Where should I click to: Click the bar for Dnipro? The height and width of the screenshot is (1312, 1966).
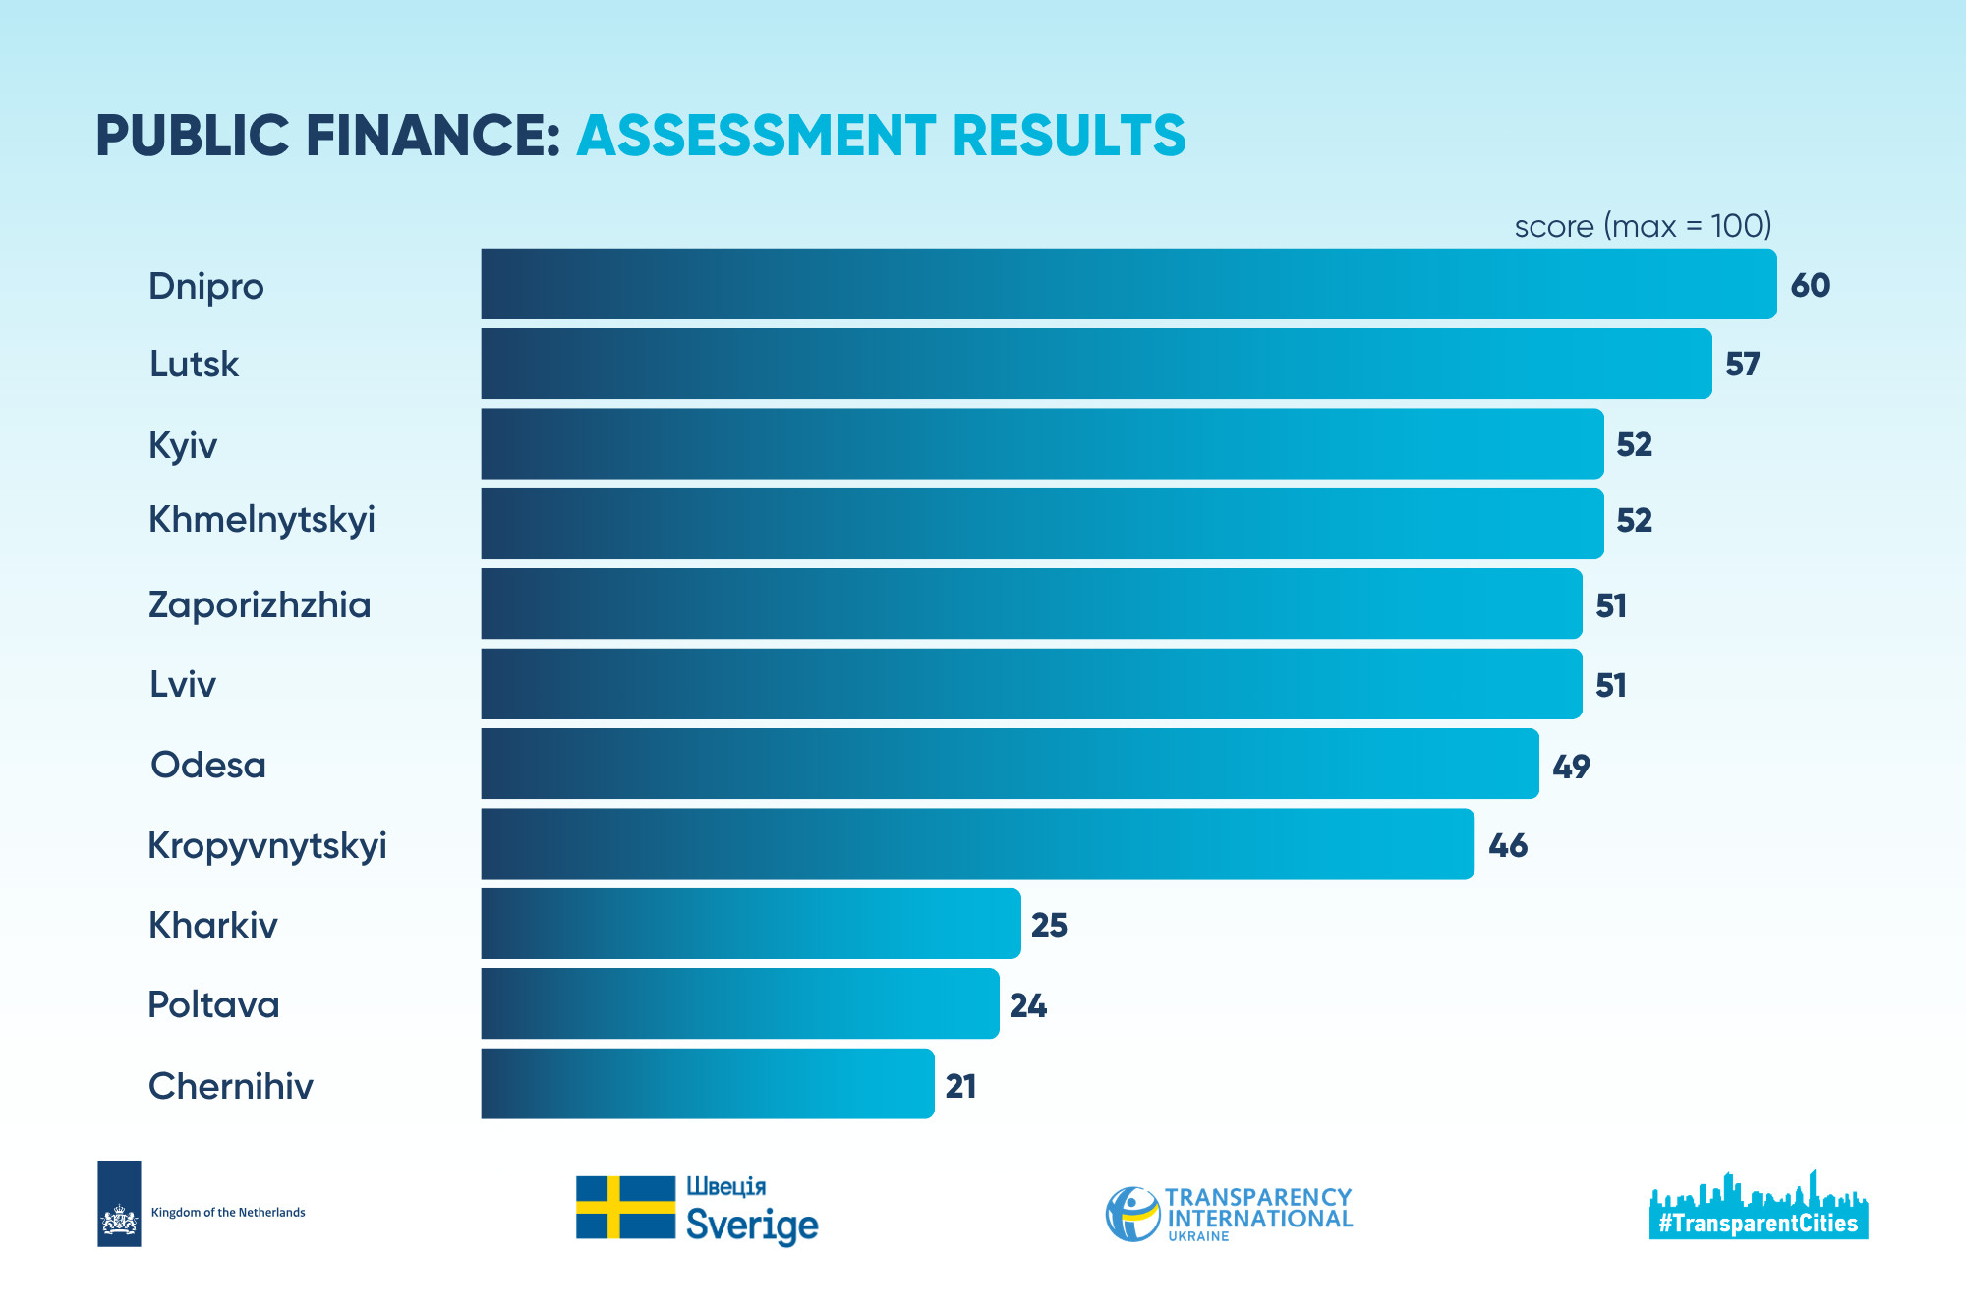(1128, 284)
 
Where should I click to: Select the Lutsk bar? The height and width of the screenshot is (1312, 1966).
(1096, 364)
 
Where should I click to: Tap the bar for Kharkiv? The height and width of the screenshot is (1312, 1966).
(751, 924)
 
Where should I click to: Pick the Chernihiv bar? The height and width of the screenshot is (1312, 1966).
(708, 1084)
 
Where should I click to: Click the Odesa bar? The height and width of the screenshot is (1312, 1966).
(1010, 764)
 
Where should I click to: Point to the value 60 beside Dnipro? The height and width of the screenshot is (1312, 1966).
(1811, 285)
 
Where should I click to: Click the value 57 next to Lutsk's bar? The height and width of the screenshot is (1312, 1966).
(1743, 365)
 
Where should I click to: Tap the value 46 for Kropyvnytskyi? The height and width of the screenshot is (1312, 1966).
(1508, 845)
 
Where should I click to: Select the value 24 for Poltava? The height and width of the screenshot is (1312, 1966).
(1028, 1005)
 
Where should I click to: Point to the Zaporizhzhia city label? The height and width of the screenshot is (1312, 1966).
(260, 605)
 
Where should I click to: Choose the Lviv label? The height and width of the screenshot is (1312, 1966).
(183, 684)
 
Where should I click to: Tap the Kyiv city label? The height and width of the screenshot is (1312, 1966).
(183, 446)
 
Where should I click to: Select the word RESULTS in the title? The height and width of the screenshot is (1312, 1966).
(1070, 135)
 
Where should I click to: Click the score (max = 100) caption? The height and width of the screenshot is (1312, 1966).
(1643, 226)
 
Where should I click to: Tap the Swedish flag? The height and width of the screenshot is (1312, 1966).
(625, 1207)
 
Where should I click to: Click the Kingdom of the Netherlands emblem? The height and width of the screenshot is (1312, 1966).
(119, 1204)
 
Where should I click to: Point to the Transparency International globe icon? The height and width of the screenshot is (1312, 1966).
(1132, 1214)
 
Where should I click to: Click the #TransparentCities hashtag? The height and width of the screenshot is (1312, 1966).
(1759, 1223)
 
